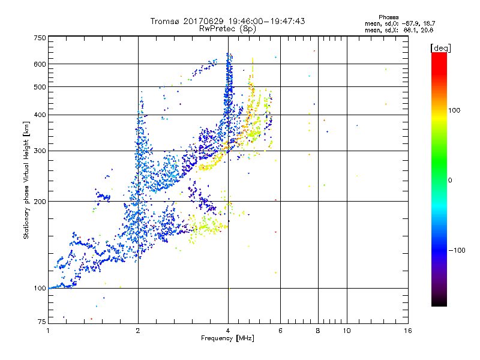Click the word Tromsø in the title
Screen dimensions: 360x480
(165, 21)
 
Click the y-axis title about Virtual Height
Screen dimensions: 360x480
(26, 181)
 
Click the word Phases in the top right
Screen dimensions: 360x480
(388, 17)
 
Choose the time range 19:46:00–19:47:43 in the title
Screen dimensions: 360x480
(268, 21)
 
